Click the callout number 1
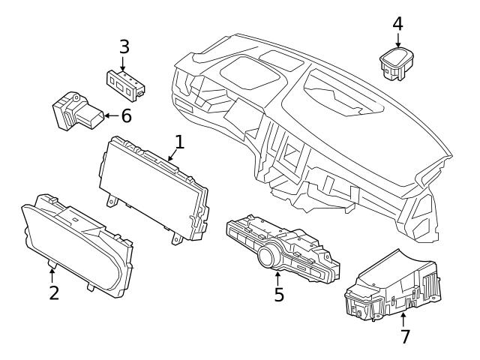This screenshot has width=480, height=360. (x=179, y=141)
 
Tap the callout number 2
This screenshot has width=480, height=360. (x=53, y=292)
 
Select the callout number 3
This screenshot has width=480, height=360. (x=124, y=46)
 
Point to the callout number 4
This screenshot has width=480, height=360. (x=397, y=24)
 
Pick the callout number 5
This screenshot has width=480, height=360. (x=279, y=295)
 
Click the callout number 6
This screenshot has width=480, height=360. (x=125, y=115)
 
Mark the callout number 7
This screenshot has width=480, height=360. (x=405, y=337)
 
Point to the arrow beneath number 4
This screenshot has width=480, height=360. (x=397, y=41)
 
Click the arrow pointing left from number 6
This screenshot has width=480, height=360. (x=109, y=115)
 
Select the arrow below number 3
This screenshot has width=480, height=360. (x=124, y=63)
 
